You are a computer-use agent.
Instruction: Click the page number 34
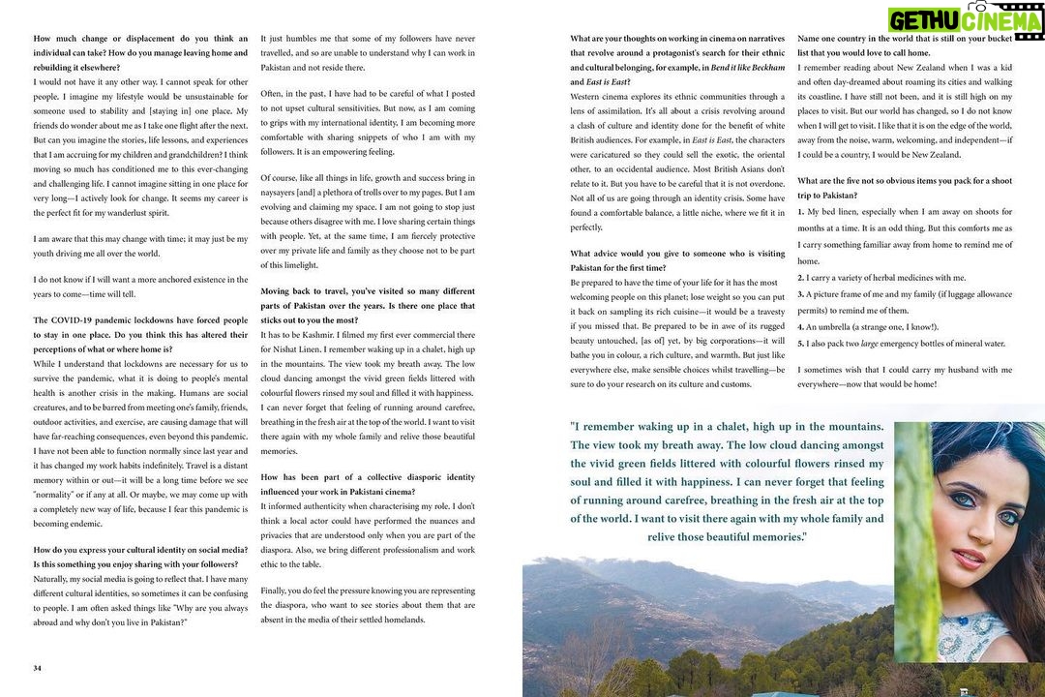pos(37,667)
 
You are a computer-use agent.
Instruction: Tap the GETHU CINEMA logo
pos(965,20)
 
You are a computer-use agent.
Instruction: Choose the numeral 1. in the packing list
pos(801,211)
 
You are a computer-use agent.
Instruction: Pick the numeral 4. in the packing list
pos(801,326)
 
